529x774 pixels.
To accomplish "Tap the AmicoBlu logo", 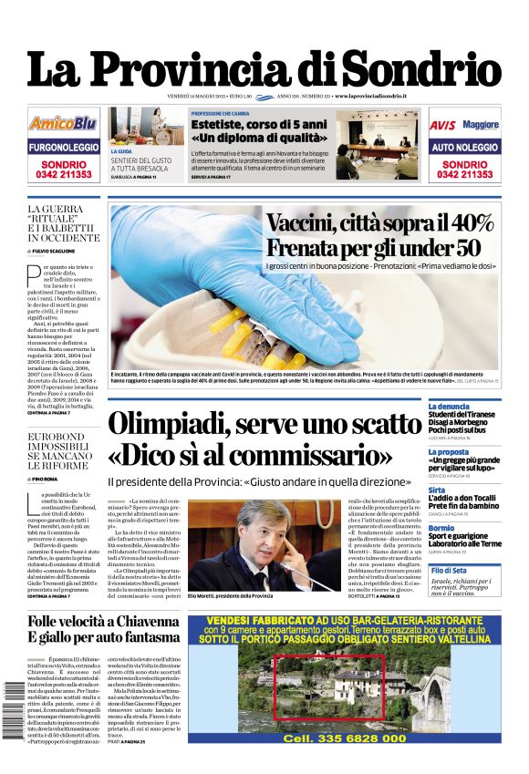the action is (62, 123).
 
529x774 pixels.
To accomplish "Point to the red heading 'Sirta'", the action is (438, 490).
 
